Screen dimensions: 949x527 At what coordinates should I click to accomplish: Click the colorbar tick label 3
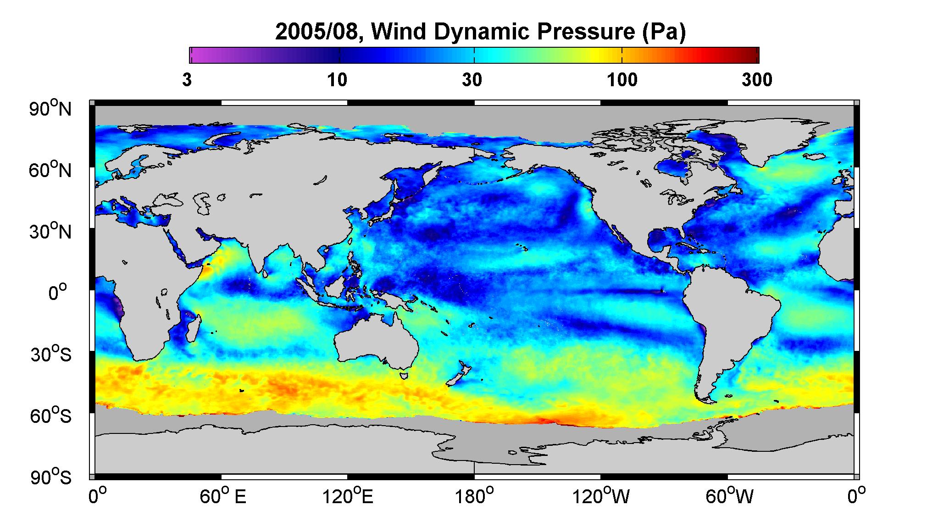[x=187, y=80]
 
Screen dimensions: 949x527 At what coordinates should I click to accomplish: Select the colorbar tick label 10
[x=337, y=80]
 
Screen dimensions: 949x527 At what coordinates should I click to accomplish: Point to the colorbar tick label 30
[x=472, y=80]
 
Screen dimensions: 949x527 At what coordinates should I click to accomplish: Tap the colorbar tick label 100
[x=622, y=80]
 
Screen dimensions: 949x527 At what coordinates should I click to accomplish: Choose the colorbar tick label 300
[x=757, y=80]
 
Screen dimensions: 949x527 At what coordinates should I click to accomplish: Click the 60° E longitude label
[x=223, y=496]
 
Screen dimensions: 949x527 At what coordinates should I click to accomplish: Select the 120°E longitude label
[x=348, y=496]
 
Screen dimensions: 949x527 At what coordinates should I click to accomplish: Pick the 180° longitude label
[x=473, y=496]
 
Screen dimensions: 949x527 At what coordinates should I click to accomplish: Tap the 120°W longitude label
[x=601, y=496]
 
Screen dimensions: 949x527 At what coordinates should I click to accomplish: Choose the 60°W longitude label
[x=729, y=496]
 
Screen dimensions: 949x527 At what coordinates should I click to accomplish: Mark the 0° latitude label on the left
[x=58, y=292]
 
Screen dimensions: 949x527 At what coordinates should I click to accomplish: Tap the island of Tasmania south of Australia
[x=404, y=375]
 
